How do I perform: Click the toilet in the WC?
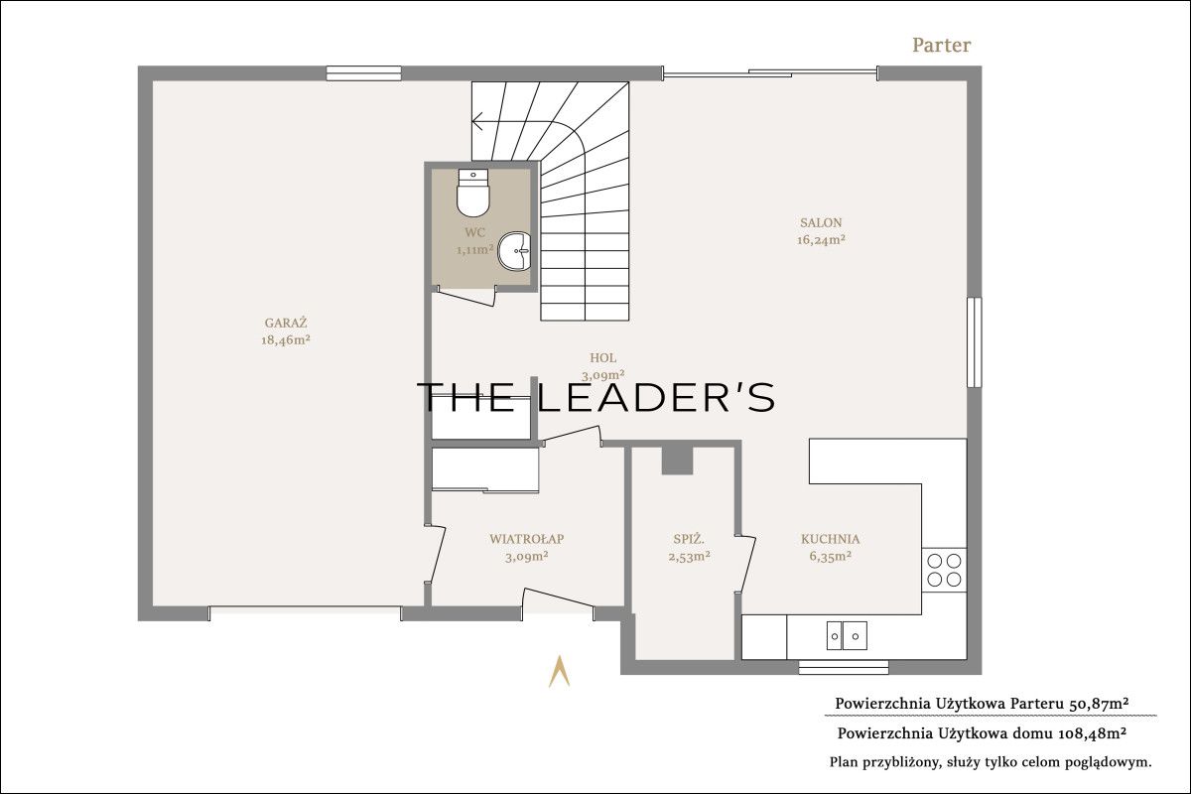(472, 194)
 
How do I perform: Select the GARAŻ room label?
(286, 323)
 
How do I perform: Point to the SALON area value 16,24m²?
(821, 240)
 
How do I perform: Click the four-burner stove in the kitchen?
(944, 570)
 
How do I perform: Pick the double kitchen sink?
(847, 636)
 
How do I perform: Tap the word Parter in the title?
(941, 46)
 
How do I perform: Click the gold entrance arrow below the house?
(559, 671)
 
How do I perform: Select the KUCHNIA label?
(830, 539)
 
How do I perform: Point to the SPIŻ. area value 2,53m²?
(689, 557)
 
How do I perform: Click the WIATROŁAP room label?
(526, 539)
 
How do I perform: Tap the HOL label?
(603, 358)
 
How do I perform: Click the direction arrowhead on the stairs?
(477, 121)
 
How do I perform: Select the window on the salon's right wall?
(974, 342)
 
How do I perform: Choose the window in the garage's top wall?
(363, 73)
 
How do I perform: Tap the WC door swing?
(466, 297)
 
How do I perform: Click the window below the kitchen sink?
(844, 667)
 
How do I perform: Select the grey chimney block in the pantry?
(677, 461)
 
